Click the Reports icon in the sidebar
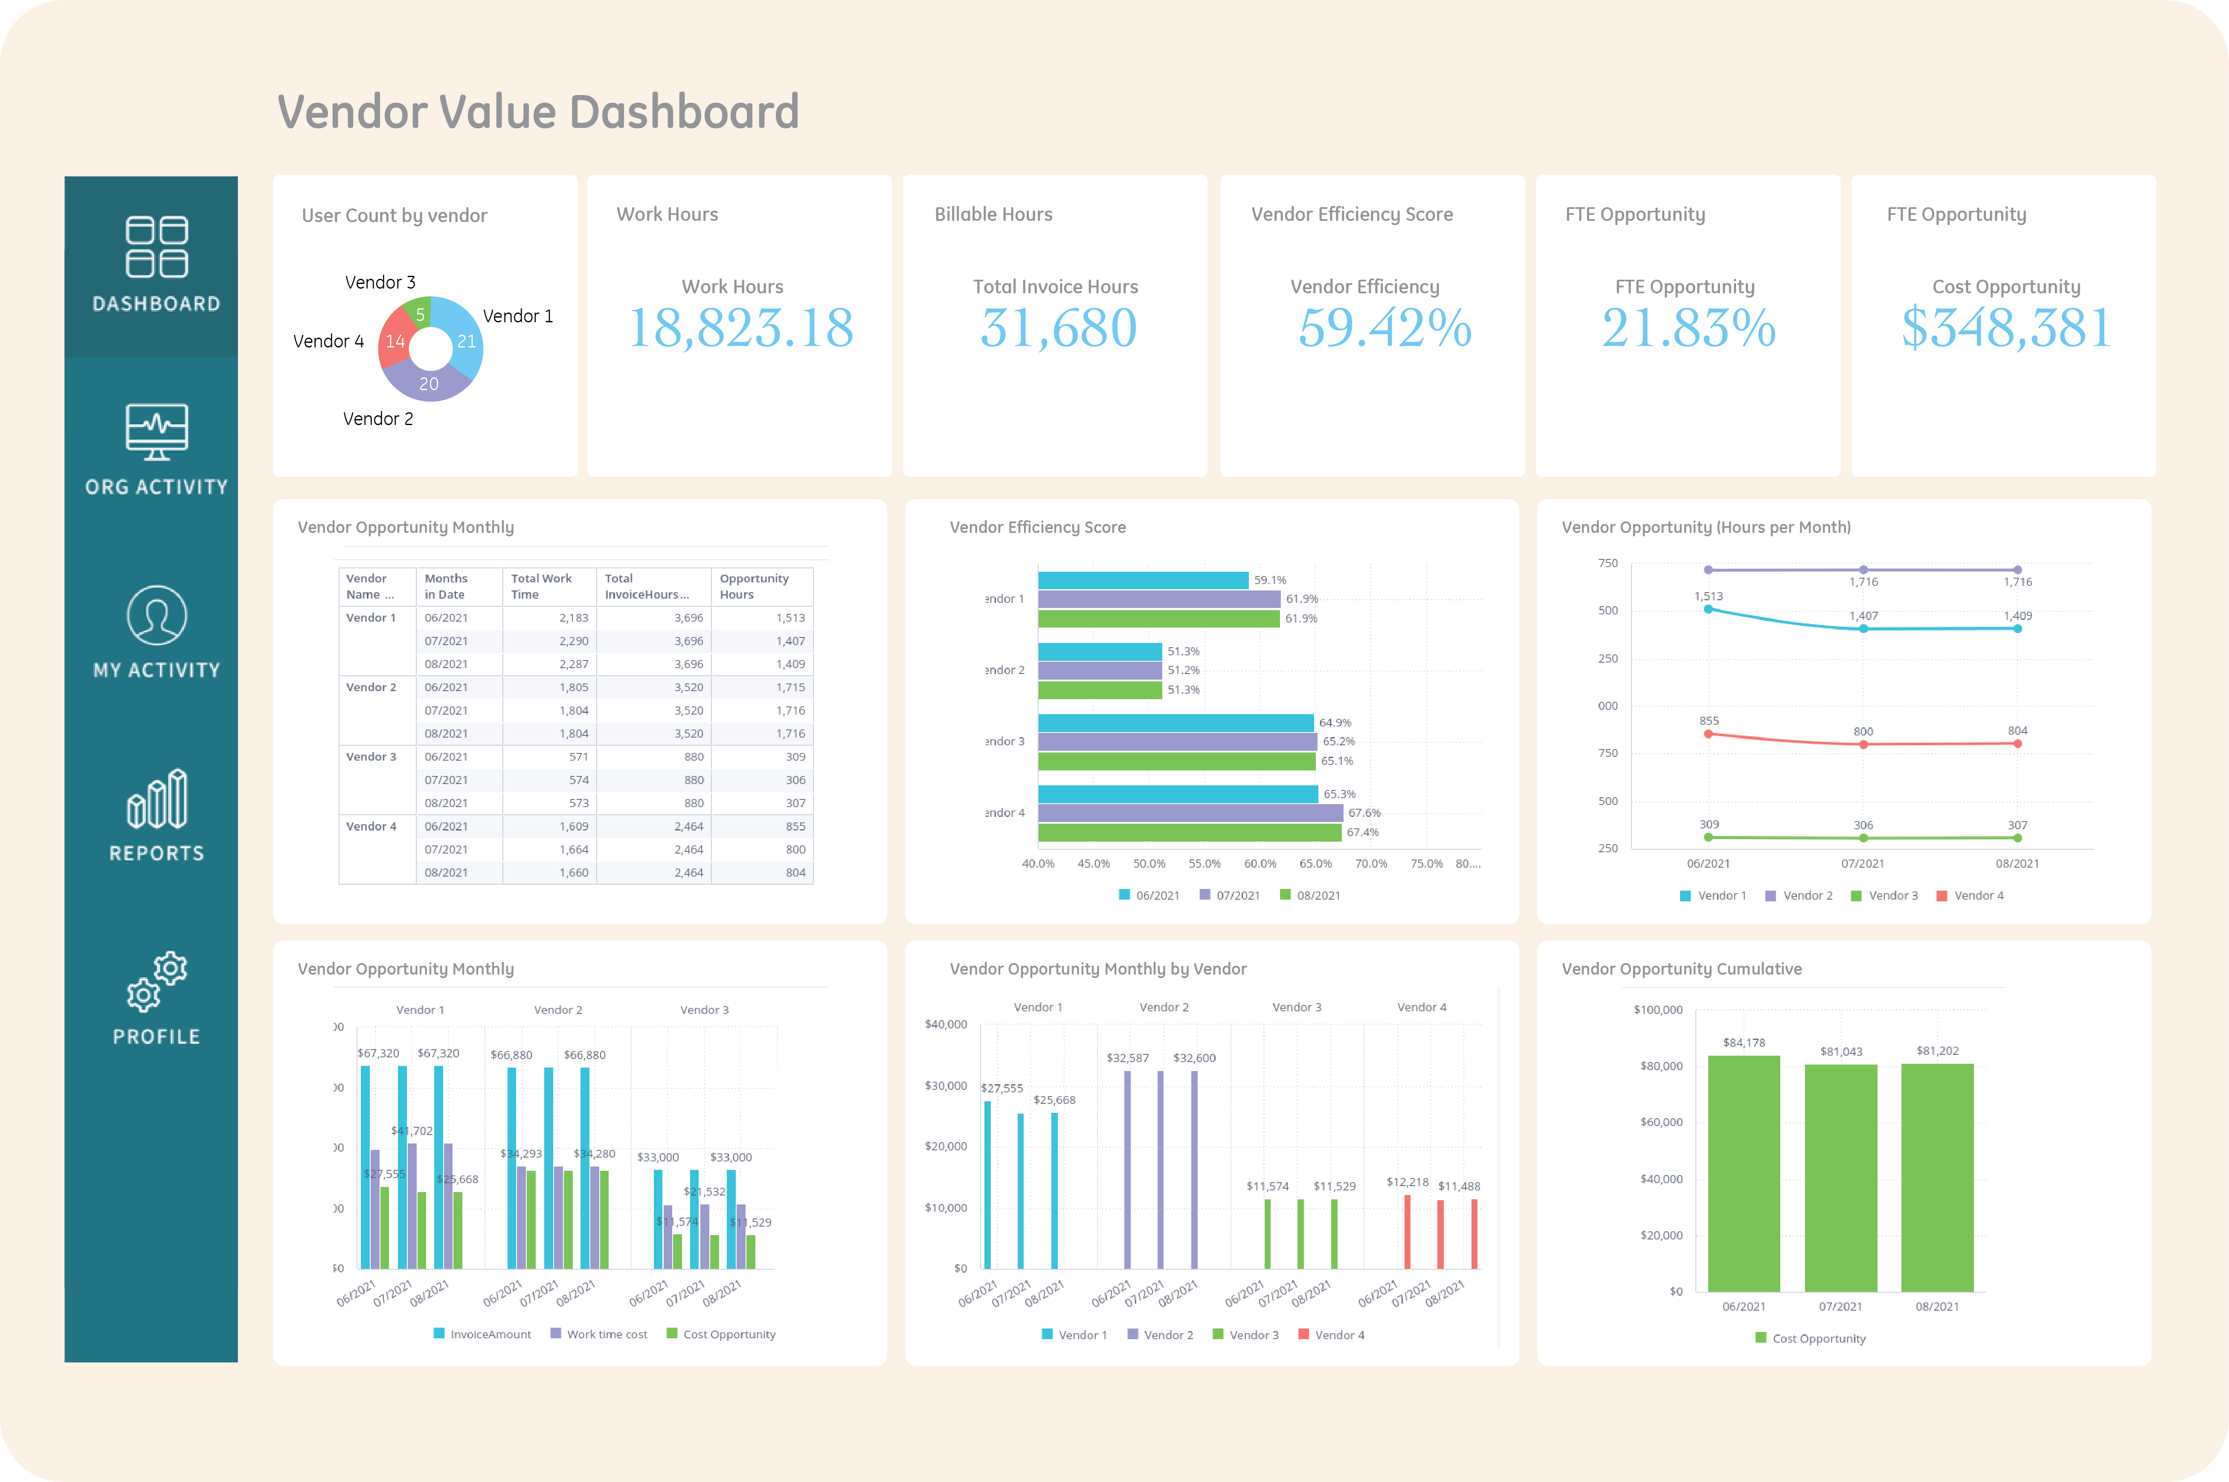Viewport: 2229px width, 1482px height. point(157,799)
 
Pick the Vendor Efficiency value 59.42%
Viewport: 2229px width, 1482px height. point(1384,328)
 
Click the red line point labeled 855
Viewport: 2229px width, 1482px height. point(1708,733)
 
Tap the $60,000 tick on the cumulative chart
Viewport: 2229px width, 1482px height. point(1661,1122)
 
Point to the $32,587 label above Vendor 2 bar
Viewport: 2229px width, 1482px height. point(1128,1058)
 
